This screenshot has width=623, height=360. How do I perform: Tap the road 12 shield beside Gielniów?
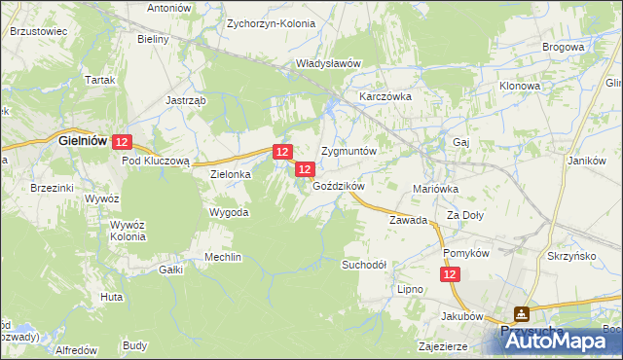point(122,142)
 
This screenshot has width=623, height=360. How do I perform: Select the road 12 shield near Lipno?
point(450,276)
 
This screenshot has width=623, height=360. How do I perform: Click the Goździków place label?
point(339,186)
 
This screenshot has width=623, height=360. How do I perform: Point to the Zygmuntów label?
point(348,153)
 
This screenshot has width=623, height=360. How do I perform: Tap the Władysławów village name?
point(328,63)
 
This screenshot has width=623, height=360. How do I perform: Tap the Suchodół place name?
point(364,264)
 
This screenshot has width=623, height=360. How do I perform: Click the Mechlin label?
point(223,257)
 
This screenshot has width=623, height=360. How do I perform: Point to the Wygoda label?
point(229,211)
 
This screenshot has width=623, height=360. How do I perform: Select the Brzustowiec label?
point(38,31)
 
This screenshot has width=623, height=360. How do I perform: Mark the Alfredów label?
point(77,349)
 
